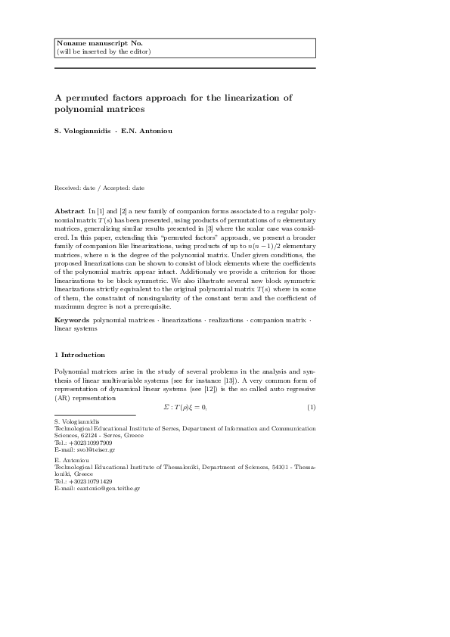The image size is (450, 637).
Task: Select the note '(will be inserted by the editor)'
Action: pyautogui.click(x=104, y=51)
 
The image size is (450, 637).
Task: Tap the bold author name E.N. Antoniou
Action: pyautogui.click(x=147, y=131)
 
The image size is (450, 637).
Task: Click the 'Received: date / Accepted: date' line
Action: pyautogui.click(x=99, y=188)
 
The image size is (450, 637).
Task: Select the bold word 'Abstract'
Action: pyautogui.click(x=69, y=209)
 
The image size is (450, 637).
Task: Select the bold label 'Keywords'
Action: pyautogui.click(x=72, y=322)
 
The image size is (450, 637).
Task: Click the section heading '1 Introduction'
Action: pyautogui.click(x=79, y=355)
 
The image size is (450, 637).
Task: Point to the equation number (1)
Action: pyautogui.click(x=311, y=408)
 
